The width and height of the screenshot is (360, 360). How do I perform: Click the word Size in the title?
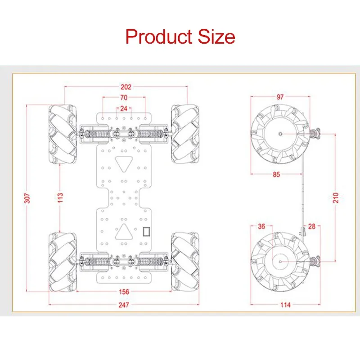216,36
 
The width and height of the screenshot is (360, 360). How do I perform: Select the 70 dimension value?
124,98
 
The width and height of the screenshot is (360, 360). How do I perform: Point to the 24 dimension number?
124,108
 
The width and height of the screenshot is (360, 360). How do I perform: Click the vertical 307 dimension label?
27,198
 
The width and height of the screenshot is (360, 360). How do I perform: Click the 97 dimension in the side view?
280,96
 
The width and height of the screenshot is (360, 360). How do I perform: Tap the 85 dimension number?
276,175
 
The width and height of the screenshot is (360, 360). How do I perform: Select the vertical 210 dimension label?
336,198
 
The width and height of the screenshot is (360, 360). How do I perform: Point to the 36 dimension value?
261,227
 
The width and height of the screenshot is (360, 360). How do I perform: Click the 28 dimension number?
312,227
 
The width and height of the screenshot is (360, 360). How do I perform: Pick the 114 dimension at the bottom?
285,305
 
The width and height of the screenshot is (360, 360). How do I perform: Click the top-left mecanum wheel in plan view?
63,134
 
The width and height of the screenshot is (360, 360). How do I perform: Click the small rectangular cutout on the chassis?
147,232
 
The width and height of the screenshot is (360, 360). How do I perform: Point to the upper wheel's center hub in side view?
280,134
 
